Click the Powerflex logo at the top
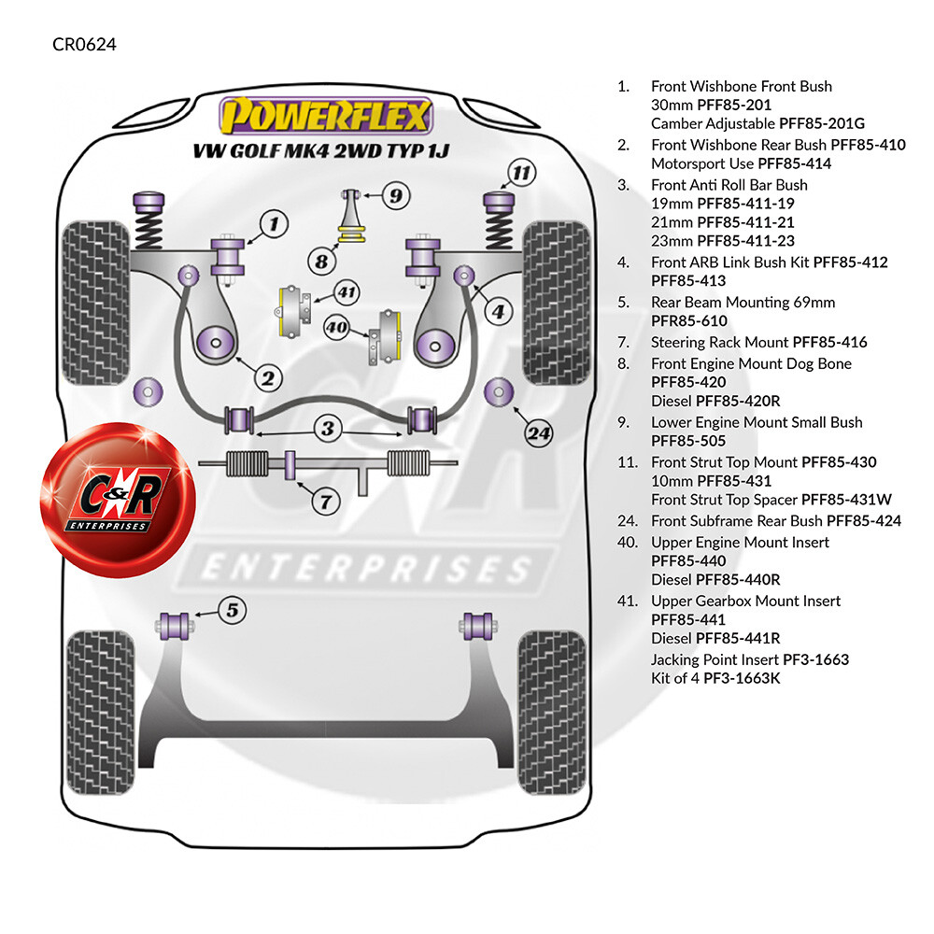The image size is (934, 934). pyautogui.click(x=326, y=115)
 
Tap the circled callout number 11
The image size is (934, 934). pyautogui.click(x=521, y=174)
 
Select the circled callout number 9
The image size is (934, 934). pyautogui.click(x=395, y=196)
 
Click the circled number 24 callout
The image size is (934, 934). pyautogui.click(x=539, y=433)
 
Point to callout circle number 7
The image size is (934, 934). pyautogui.click(x=326, y=502)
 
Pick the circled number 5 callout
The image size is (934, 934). pyautogui.click(x=233, y=610)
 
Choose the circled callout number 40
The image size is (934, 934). pyautogui.click(x=336, y=327)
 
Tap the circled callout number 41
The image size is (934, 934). pyautogui.click(x=347, y=292)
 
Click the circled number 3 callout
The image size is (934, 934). pyautogui.click(x=328, y=428)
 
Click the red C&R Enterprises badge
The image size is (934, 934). pyautogui.click(x=118, y=499)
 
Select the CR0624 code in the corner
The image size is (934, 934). pyautogui.click(x=84, y=44)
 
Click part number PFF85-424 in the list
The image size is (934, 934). pyautogui.click(x=864, y=521)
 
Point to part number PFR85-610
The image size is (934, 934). pyautogui.click(x=689, y=321)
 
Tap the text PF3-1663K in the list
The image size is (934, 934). pyautogui.click(x=742, y=678)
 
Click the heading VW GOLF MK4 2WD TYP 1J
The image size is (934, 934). pyautogui.click(x=320, y=151)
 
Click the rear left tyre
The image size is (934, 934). pyautogui.click(x=100, y=712)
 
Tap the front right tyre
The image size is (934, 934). pyautogui.click(x=557, y=303)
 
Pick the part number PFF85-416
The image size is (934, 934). pyautogui.click(x=829, y=343)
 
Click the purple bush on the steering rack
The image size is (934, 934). pyautogui.click(x=290, y=464)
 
